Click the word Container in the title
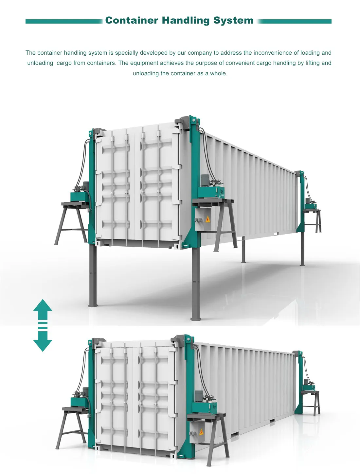click(132, 20)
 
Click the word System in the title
click(233, 20)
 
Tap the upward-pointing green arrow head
click(43, 306)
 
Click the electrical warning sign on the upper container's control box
click(207, 219)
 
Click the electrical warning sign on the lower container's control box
click(201, 432)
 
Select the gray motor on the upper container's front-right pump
click(205, 180)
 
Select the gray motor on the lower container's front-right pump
click(199, 396)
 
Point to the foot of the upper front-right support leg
click(195, 318)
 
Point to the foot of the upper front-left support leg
click(93, 305)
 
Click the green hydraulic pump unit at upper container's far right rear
click(310, 206)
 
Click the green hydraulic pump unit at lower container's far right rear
click(309, 388)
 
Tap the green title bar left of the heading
click(64, 21)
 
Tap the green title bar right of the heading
click(295, 21)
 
